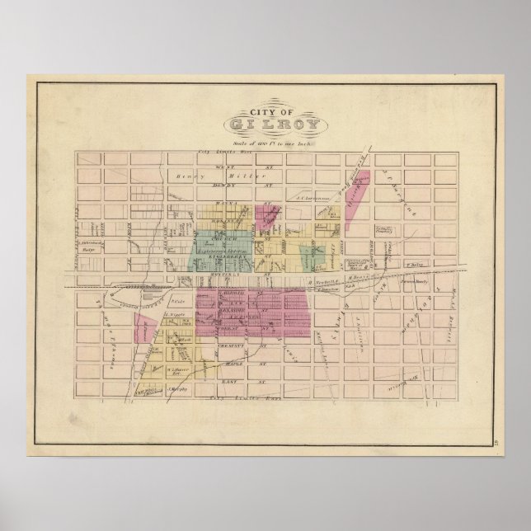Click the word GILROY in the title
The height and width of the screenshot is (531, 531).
265,125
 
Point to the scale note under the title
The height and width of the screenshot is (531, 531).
265,141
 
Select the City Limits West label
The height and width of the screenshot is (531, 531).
222,153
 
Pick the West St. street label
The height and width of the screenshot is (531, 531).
244,165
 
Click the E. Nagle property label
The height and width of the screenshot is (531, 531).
172,314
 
